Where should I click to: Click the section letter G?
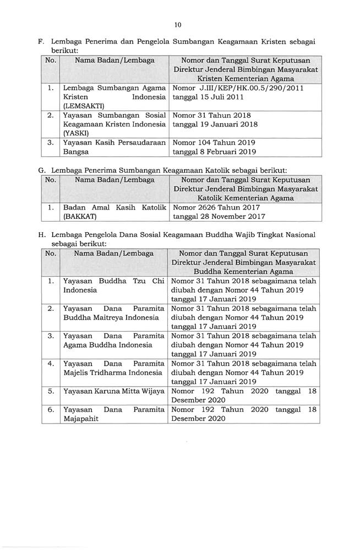point(41,170)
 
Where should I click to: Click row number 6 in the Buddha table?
point(50,410)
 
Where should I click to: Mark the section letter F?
point(41,42)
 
